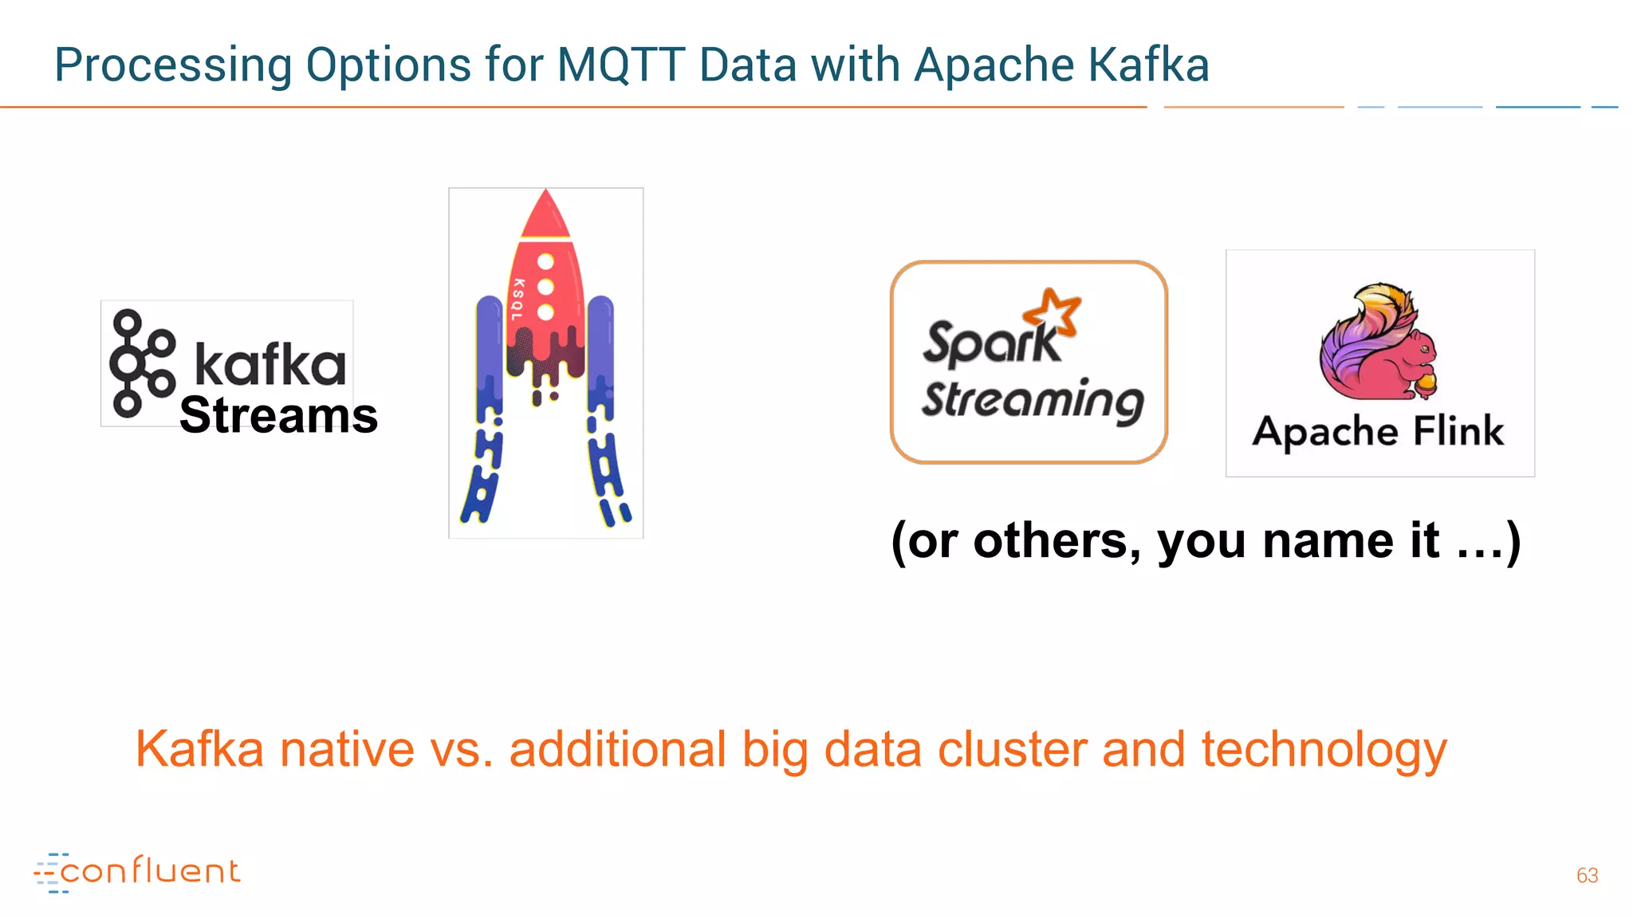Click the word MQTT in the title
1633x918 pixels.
pos(620,65)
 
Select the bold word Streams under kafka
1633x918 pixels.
pos(278,416)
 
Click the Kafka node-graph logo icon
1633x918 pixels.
pos(141,363)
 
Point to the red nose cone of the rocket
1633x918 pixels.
pos(545,215)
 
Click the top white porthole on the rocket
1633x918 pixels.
pos(546,261)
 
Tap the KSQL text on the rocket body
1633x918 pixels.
pos(518,300)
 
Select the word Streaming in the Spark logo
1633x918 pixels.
pos(1033,400)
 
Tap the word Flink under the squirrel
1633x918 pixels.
pos(1458,431)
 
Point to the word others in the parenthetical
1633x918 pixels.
pos(1051,541)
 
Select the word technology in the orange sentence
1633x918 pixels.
pos(1324,751)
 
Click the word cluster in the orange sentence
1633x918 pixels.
pos(1012,751)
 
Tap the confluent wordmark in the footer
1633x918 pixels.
pos(149,872)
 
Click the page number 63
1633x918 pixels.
pos(1587,876)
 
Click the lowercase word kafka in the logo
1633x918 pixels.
pos(270,365)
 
